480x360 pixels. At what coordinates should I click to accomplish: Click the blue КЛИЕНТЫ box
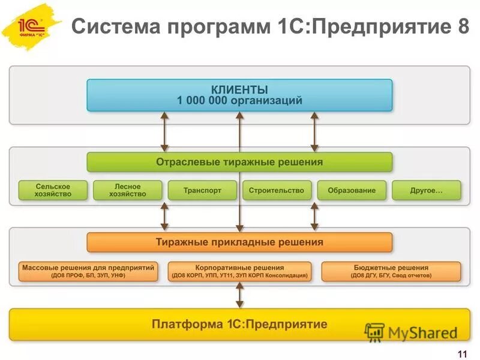pos(239,95)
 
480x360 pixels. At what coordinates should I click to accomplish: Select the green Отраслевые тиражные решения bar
pos(239,162)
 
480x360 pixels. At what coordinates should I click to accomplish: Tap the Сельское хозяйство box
pos(53,190)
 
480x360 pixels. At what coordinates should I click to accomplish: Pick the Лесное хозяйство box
pos(128,190)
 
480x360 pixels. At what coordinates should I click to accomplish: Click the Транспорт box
pos(202,190)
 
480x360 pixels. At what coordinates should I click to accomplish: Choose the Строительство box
pos(277,190)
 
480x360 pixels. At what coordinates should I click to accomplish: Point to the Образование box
pos(352,190)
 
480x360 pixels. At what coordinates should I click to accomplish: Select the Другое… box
pos(427,190)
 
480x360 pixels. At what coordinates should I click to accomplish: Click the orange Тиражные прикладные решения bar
pos(239,242)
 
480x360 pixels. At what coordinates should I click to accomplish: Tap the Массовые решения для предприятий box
pos(88,271)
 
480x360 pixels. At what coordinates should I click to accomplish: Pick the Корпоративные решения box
pos(239,271)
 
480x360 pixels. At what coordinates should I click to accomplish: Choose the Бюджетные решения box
pos(391,271)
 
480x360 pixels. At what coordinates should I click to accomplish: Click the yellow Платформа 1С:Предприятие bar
pos(239,325)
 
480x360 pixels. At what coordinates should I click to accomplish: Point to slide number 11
pos(462,352)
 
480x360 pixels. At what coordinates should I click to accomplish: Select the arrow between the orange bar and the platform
pos(239,295)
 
